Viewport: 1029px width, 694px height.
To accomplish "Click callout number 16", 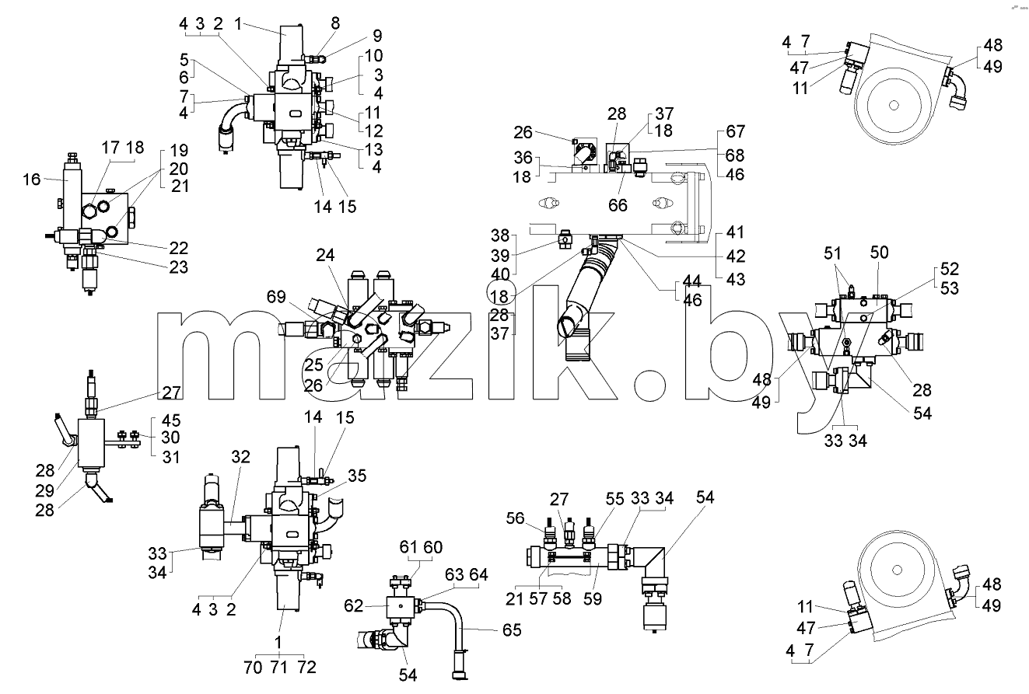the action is tap(31, 179).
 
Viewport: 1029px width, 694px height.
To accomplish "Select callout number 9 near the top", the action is tap(377, 36).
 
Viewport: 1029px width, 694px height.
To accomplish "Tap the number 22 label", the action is tap(179, 248).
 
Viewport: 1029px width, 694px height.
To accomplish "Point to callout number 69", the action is tap(276, 297).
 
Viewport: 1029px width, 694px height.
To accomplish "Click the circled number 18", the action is tap(499, 297).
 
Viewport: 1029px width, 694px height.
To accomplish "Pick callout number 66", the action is tap(618, 205).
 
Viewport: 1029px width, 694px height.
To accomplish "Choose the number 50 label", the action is tap(879, 253).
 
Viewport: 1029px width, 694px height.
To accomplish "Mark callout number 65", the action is tap(512, 630).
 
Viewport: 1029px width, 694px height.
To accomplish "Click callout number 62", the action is tap(354, 606).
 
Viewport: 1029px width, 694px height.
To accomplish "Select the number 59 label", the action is tap(593, 598).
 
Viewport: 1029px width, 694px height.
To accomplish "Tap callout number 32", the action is tap(240, 457).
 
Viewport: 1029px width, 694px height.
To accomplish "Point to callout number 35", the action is tap(357, 476).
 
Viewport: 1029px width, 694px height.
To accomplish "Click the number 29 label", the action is tap(45, 490).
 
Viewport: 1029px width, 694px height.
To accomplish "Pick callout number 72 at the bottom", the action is tap(307, 667).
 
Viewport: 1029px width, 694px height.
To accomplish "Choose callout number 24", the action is tap(325, 255).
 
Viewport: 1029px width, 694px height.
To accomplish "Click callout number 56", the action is tap(516, 518).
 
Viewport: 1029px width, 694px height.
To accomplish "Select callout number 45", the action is tap(171, 420).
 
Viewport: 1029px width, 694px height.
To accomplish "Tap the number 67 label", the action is tap(736, 132).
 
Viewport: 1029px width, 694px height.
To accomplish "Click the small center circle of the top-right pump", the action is tap(894, 106).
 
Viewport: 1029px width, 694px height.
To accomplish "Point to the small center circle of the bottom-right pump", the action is tap(897, 570).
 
